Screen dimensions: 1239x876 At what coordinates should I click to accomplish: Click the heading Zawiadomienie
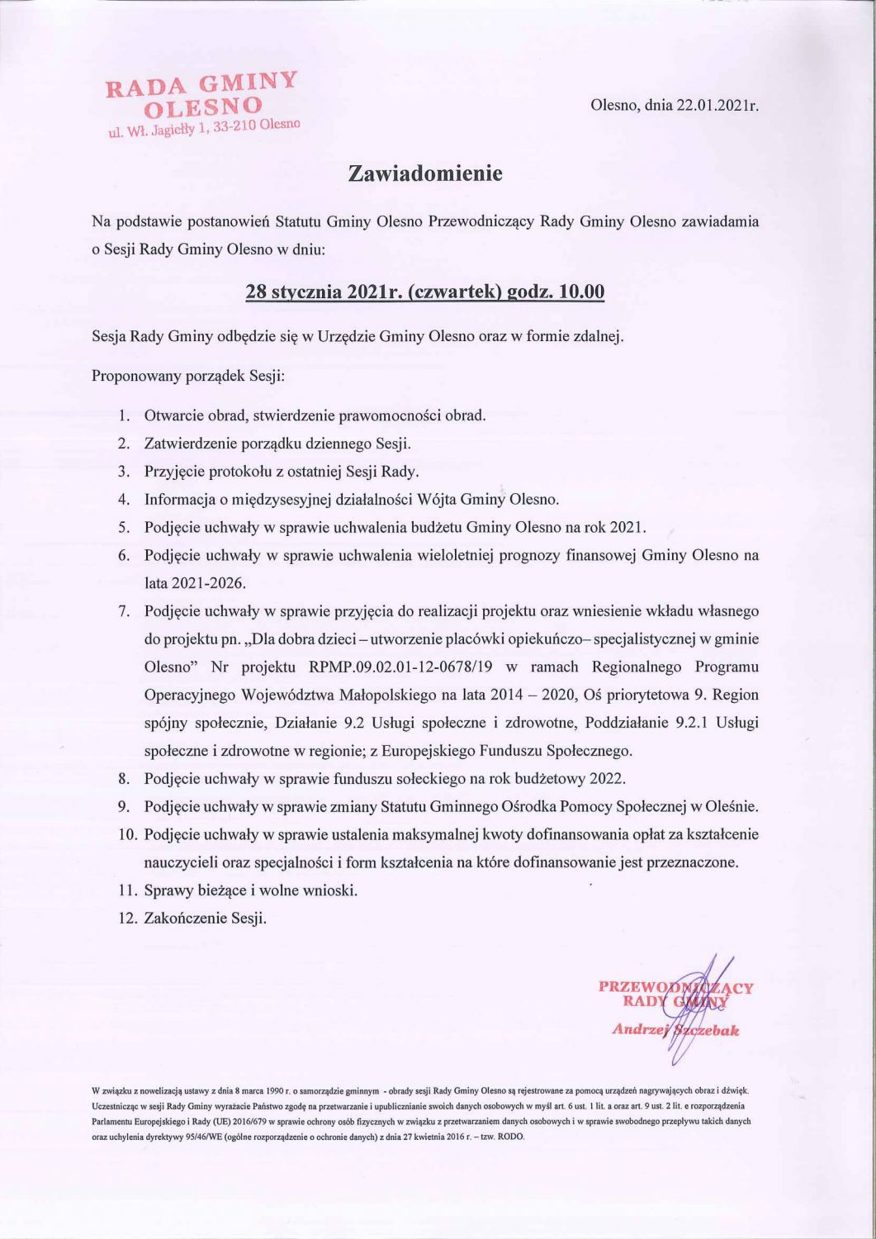point(425,174)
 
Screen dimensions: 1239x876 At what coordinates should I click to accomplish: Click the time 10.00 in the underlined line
point(581,292)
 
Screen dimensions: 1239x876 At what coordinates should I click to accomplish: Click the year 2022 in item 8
point(608,778)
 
